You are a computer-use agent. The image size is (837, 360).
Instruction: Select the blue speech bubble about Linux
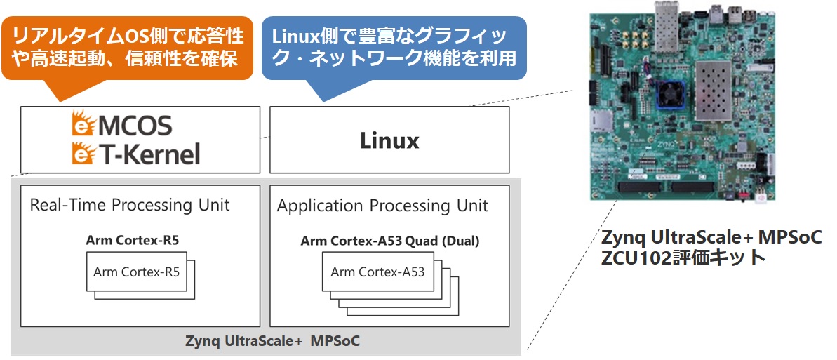tap(394, 49)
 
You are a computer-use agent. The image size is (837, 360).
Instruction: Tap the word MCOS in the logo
tap(134, 126)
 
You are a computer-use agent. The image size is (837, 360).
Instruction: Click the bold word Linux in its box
tap(389, 140)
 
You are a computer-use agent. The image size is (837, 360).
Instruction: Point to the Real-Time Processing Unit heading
tap(130, 205)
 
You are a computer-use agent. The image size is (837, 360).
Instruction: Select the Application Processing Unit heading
tap(382, 206)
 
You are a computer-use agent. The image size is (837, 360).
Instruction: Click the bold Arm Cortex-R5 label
tap(133, 241)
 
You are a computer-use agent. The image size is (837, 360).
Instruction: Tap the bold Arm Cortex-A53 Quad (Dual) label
tap(389, 241)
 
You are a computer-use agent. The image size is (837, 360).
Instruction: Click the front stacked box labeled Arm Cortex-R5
tap(136, 272)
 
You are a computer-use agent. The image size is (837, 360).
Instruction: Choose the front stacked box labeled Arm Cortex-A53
tap(377, 272)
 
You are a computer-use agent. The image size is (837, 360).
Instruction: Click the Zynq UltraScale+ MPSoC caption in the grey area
tap(272, 341)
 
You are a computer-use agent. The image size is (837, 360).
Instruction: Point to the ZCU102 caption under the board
tap(684, 257)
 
